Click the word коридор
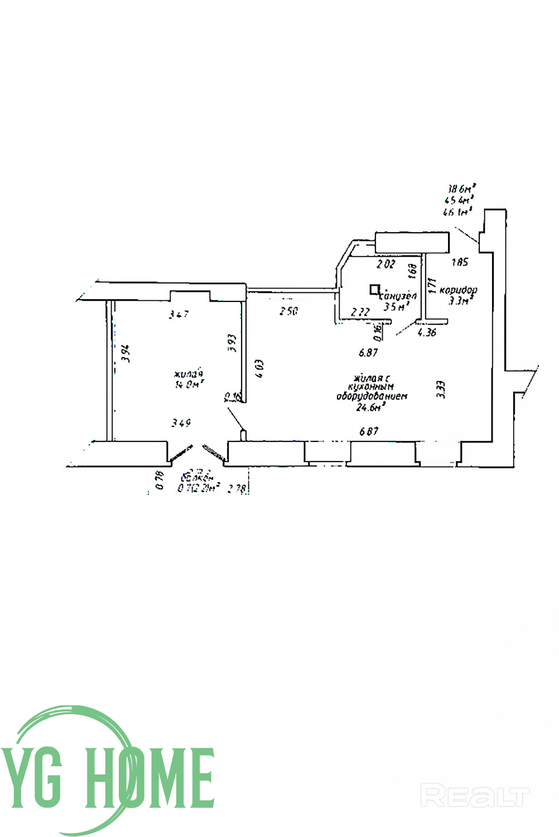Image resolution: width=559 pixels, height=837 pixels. (459, 290)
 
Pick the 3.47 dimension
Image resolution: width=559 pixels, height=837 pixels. (179, 314)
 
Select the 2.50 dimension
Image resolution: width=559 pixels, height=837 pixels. (288, 311)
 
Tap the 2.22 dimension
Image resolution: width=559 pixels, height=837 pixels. (360, 312)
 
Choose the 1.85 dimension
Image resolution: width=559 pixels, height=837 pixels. (460, 262)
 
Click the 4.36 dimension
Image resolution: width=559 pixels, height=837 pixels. (427, 333)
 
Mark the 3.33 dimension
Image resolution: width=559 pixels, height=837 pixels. (441, 389)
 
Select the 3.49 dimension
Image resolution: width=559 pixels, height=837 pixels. (181, 423)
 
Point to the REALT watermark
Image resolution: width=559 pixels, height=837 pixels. (475, 795)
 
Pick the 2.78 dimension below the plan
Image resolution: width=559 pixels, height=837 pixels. (238, 489)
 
